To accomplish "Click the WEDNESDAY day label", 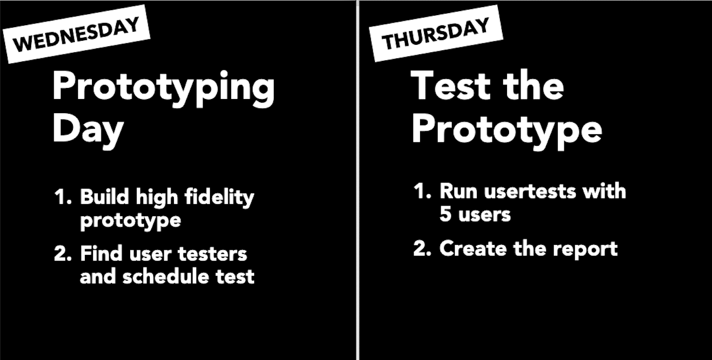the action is pyautogui.click(x=76, y=34).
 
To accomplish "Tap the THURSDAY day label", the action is pyautogui.click(x=436, y=34).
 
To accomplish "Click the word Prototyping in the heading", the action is pyautogui.click(x=164, y=88).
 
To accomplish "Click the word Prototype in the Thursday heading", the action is pyautogui.click(x=507, y=131).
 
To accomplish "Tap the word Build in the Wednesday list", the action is pyautogui.click(x=105, y=197).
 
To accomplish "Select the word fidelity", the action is pyautogui.click(x=220, y=198).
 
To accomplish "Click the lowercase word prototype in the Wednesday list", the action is pyautogui.click(x=131, y=221).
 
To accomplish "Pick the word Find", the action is pyautogui.click(x=101, y=253).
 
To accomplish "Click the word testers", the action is pyautogui.click(x=213, y=254).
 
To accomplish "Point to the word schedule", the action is pyautogui.click(x=166, y=276).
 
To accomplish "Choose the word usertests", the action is pyautogui.click(x=530, y=192).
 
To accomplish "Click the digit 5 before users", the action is pyautogui.click(x=446, y=214).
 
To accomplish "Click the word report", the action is pyautogui.click(x=585, y=250).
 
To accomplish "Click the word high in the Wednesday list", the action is pyautogui.click(x=157, y=198).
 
